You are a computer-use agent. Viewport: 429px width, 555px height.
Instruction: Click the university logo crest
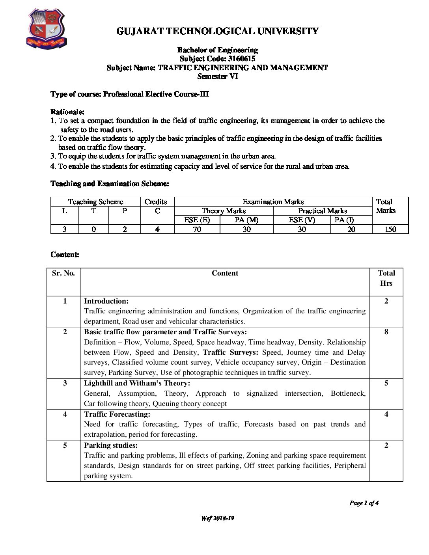point(46,29)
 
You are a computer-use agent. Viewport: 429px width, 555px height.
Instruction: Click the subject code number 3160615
point(241,59)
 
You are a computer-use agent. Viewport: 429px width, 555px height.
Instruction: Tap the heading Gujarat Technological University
point(217,31)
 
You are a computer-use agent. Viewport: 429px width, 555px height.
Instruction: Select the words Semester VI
point(218,76)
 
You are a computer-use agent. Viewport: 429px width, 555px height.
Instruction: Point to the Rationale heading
point(67,112)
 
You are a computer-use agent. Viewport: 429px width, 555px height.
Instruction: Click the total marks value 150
point(390,229)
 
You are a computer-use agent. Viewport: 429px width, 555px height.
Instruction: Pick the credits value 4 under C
point(157,229)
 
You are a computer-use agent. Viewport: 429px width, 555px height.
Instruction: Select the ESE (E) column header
point(197,220)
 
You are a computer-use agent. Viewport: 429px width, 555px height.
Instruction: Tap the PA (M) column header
point(246,220)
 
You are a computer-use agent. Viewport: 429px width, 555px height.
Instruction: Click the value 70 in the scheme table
point(197,229)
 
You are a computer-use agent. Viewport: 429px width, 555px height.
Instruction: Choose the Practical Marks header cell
point(322,211)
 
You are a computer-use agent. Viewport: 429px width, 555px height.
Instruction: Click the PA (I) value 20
point(351,229)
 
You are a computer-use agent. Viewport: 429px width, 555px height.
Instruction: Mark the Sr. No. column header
point(63,273)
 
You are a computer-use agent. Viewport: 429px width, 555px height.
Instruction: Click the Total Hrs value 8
point(386,332)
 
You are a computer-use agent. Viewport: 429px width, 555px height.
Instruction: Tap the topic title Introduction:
point(106,301)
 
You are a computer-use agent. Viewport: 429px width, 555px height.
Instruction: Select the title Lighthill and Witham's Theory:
point(137,383)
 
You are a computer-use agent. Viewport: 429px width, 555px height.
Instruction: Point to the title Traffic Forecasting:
point(117,414)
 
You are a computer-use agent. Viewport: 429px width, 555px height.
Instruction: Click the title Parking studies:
point(111,445)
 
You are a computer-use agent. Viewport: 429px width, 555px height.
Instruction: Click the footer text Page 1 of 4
point(364,503)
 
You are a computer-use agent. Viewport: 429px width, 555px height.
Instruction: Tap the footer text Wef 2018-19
point(217,518)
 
